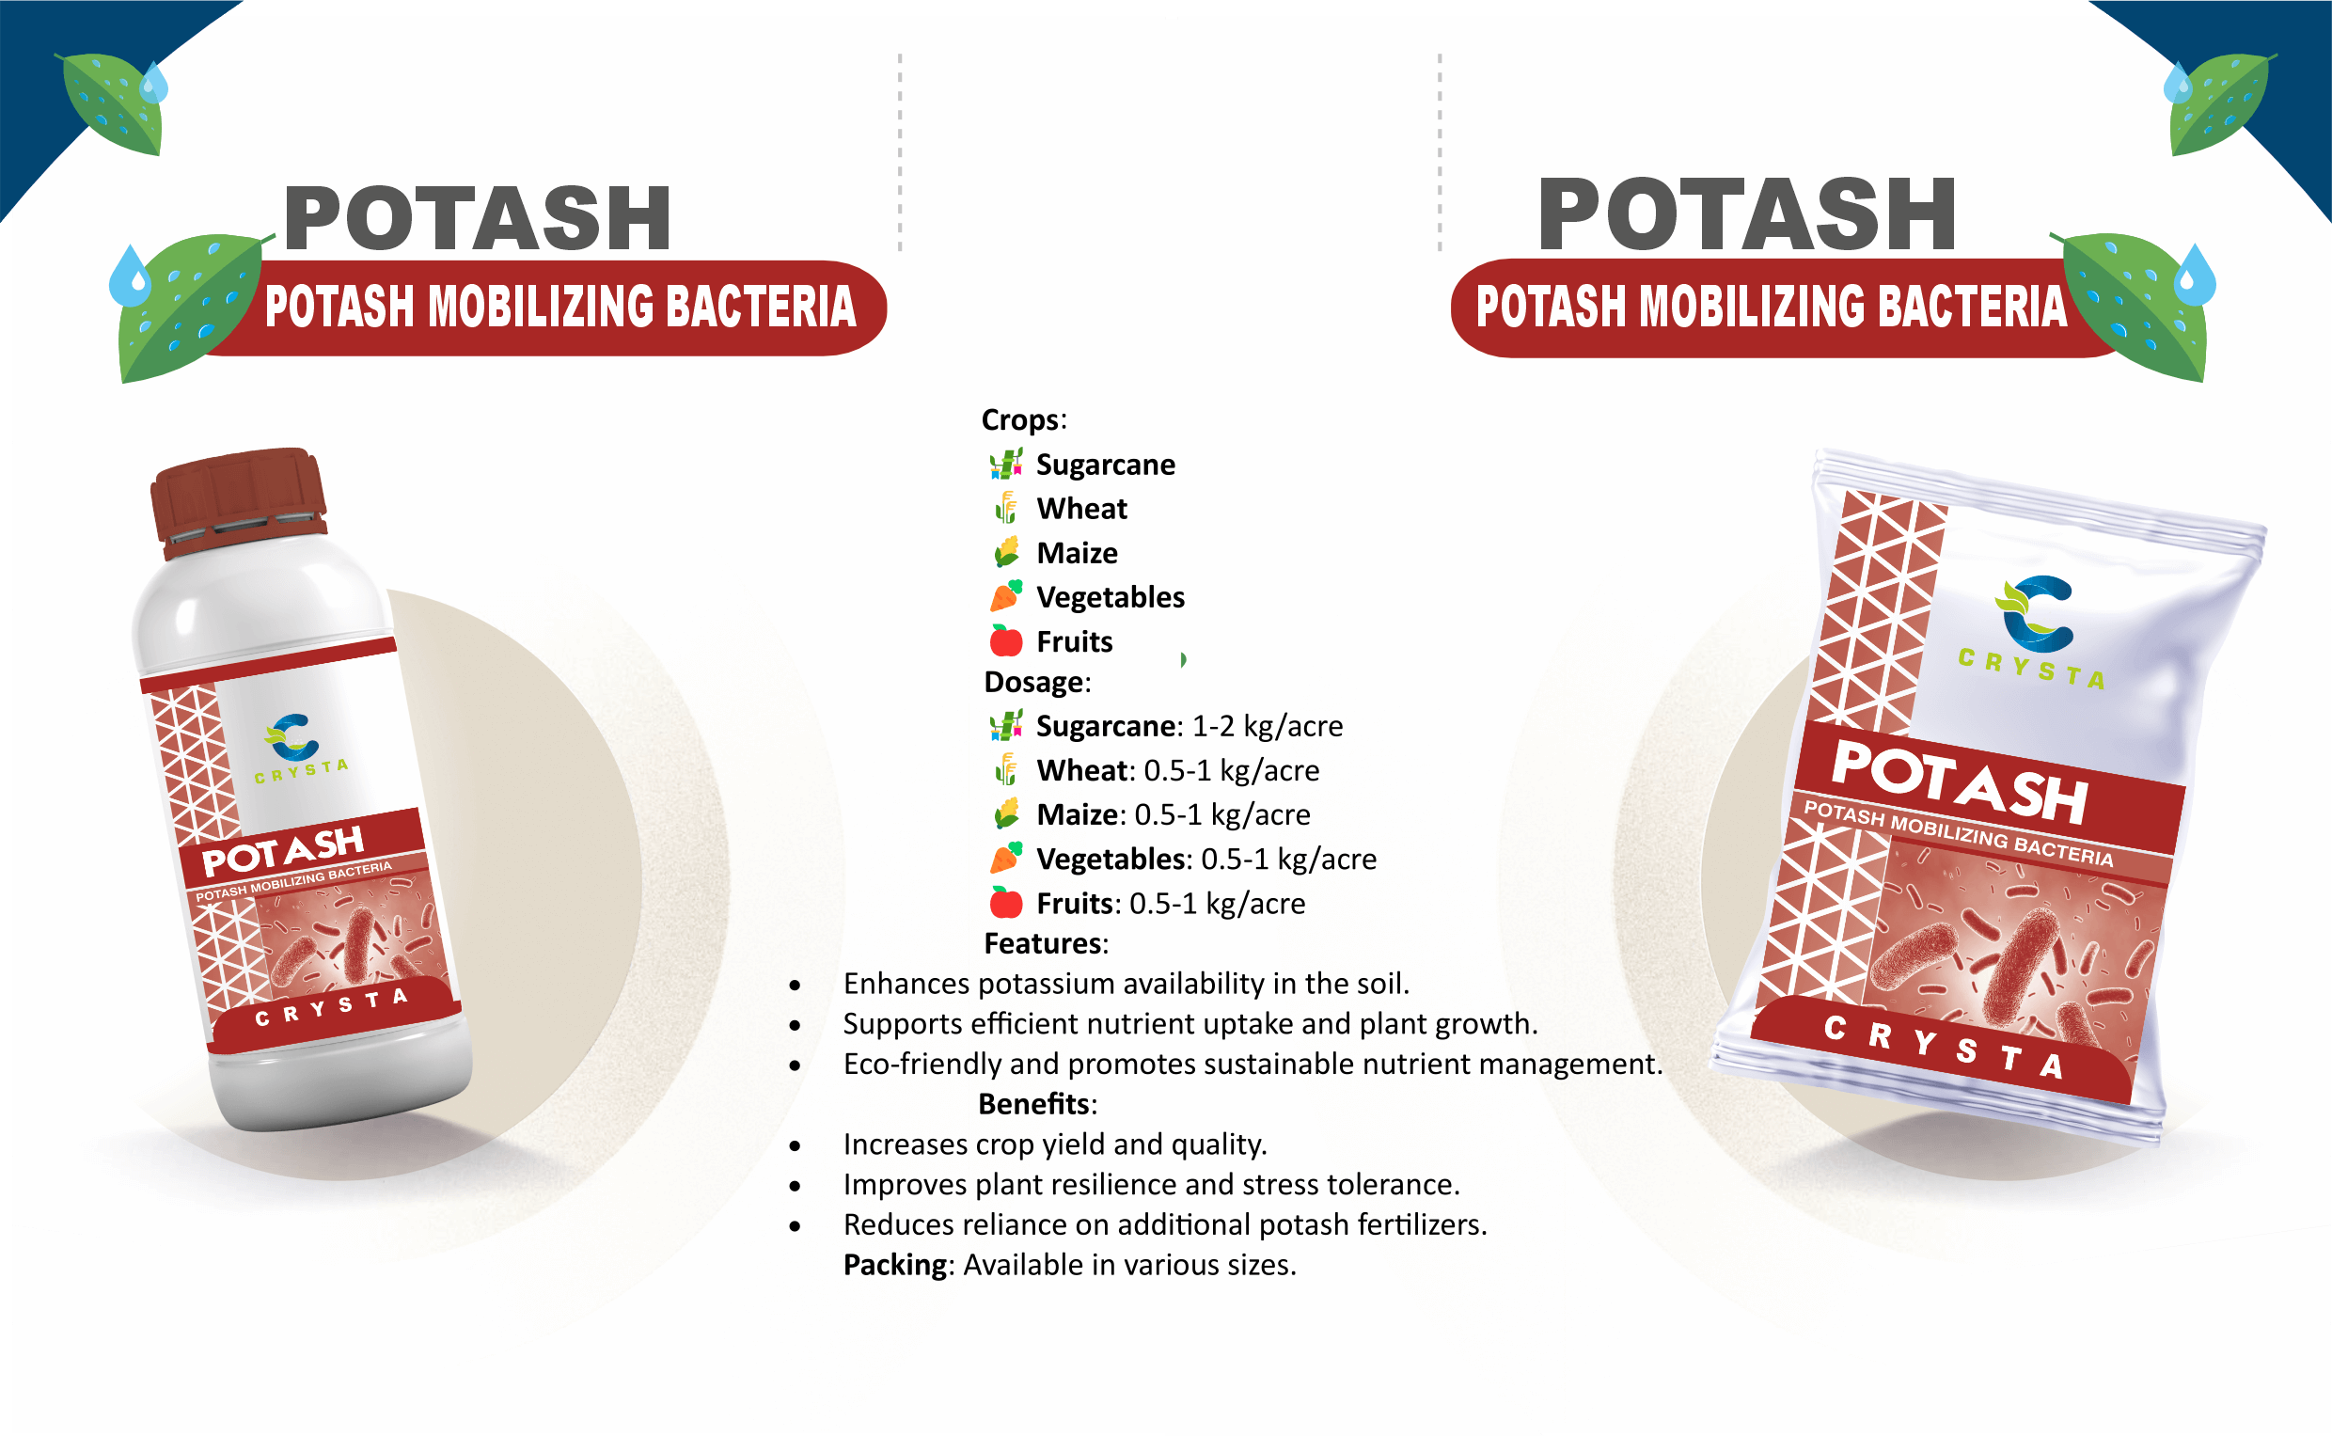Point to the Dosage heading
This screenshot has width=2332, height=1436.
[1037, 682]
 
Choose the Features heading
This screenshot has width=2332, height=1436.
[1046, 943]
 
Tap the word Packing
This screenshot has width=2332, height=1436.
[895, 1265]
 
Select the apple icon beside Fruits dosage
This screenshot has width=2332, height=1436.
[1005, 902]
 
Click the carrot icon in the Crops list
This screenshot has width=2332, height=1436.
[1005, 595]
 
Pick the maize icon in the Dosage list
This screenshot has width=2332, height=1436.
[1005, 814]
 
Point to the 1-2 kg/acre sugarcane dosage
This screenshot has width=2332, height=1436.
[1268, 727]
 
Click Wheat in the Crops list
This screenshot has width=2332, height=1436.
[1081, 509]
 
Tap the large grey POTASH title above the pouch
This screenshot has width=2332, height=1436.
[1746, 214]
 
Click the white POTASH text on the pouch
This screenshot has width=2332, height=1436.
[1958, 781]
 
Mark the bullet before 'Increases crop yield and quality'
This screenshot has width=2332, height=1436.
[795, 1146]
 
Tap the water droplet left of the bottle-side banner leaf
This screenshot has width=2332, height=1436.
[130, 276]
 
